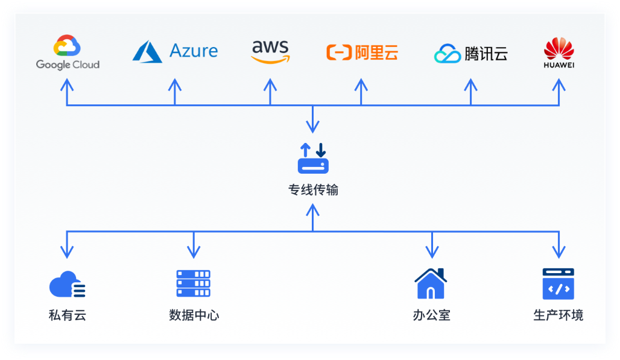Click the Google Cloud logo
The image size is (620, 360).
click(x=68, y=53)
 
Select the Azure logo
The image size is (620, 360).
click(x=175, y=51)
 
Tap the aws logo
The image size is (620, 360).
click(x=270, y=51)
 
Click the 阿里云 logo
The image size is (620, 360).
click(x=362, y=53)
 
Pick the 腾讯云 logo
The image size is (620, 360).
click(x=470, y=54)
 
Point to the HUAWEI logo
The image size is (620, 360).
click(x=558, y=53)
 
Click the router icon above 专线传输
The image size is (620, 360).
click(x=313, y=159)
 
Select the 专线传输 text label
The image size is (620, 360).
click(x=313, y=191)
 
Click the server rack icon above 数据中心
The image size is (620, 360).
click(x=194, y=283)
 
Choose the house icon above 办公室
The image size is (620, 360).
click(x=431, y=283)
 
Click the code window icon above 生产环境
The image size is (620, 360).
click(x=558, y=284)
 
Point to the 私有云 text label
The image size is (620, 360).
click(x=67, y=315)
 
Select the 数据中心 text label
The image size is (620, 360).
click(x=194, y=315)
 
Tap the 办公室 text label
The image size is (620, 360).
click(x=431, y=315)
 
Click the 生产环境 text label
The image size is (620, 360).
click(x=558, y=315)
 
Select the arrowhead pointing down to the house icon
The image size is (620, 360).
click(x=431, y=252)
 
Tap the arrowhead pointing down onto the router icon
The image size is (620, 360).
click(x=313, y=127)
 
